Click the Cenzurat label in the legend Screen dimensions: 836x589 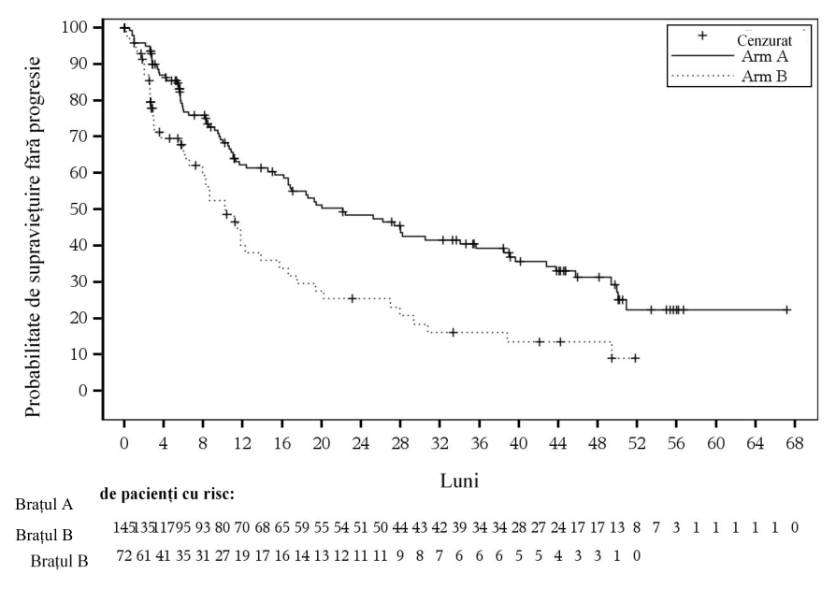click(x=764, y=40)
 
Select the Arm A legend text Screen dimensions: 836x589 click(x=764, y=56)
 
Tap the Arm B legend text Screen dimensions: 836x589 click(x=764, y=77)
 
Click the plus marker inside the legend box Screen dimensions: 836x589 click(x=702, y=36)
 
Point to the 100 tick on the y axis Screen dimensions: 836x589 click(x=75, y=27)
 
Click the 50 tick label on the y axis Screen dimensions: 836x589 click(x=79, y=208)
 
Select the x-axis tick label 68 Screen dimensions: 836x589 click(x=795, y=443)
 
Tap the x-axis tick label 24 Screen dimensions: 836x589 click(x=360, y=443)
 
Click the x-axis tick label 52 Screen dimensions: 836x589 click(x=637, y=443)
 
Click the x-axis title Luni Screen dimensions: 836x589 click(x=459, y=481)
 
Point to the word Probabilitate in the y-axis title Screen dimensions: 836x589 click(x=32, y=366)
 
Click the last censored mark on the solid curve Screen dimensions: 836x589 click(x=786, y=309)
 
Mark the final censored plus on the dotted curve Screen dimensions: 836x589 click(x=634, y=358)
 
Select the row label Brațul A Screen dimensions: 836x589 click(x=44, y=504)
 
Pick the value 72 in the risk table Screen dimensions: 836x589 click(x=124, y=556)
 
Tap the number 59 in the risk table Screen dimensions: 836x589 click(x=302, y=527)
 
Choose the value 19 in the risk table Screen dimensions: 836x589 click(x=242, y=556)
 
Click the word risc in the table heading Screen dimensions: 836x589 click(x=221, y=495)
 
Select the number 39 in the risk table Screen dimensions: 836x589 click(x=459, y=527)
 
